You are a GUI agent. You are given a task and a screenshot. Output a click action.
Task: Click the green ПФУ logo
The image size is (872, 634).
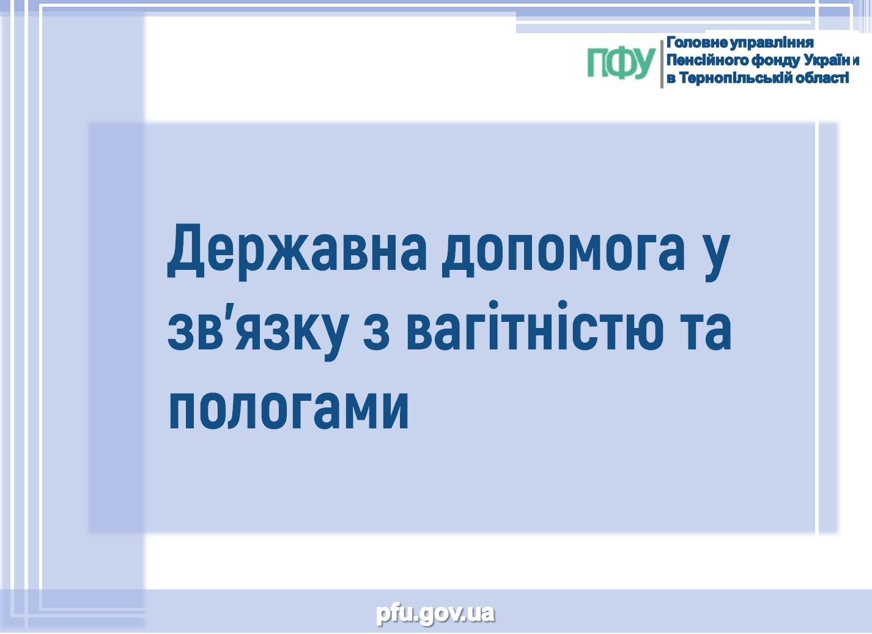(x=621, y=63)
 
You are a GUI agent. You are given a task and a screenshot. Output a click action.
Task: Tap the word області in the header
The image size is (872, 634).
(x=822, y=78)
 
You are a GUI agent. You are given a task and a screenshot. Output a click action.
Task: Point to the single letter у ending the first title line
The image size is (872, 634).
(x=715, y=257)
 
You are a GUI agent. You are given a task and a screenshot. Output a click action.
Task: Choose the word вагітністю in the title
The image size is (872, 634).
(x=534, y=324)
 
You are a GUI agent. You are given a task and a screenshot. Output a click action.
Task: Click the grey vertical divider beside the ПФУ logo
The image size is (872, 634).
(x=662, y=64)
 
